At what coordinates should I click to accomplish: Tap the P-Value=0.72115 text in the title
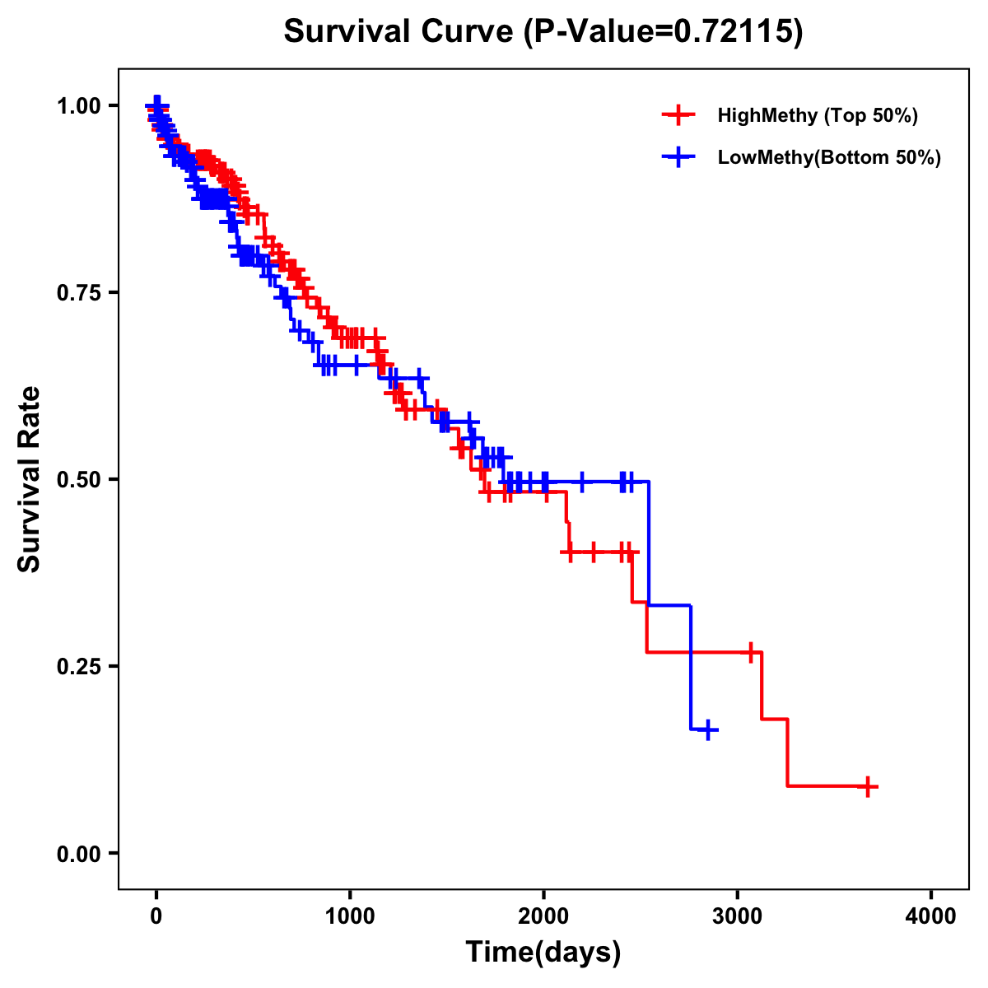(x=663, y=31)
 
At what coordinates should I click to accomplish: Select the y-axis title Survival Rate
(x=30, y=479)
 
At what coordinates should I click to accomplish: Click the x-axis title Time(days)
(x=543, y=952)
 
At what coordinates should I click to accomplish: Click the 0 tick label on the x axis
(x=156, y=917)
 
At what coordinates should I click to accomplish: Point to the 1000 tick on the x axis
(x=350, y=917)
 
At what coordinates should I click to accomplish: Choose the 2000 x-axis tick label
(x=543, y=917)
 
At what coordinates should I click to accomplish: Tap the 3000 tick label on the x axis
(x=738, y=917)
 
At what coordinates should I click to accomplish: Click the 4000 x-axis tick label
(x=931, y=917)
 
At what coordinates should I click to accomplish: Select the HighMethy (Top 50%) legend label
(x=818, y=115)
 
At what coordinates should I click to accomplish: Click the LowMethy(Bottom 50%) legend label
(x=829, y=157)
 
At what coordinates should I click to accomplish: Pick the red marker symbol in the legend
(x=678, y=115)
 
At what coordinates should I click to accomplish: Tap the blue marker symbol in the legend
(x=678, y=157)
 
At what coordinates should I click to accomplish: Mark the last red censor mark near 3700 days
(x=867, y=786)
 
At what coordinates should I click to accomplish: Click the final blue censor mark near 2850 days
(x=707, y=730)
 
